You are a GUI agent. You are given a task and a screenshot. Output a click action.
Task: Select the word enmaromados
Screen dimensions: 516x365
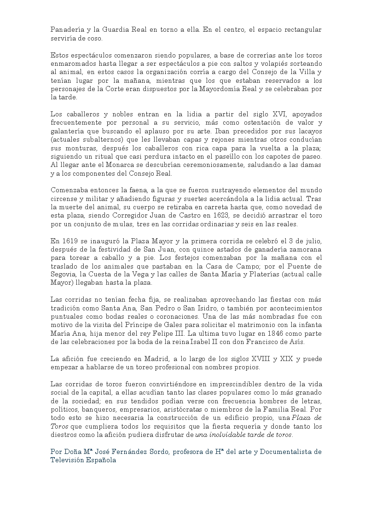pyautogui.click(x=71, y=63)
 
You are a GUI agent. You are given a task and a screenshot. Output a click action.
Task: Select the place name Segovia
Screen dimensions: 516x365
pyautogui.click(x=63, y=275)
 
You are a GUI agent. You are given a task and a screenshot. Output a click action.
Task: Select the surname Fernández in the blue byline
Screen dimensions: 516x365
pyautogui.click(x=130, y=452)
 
